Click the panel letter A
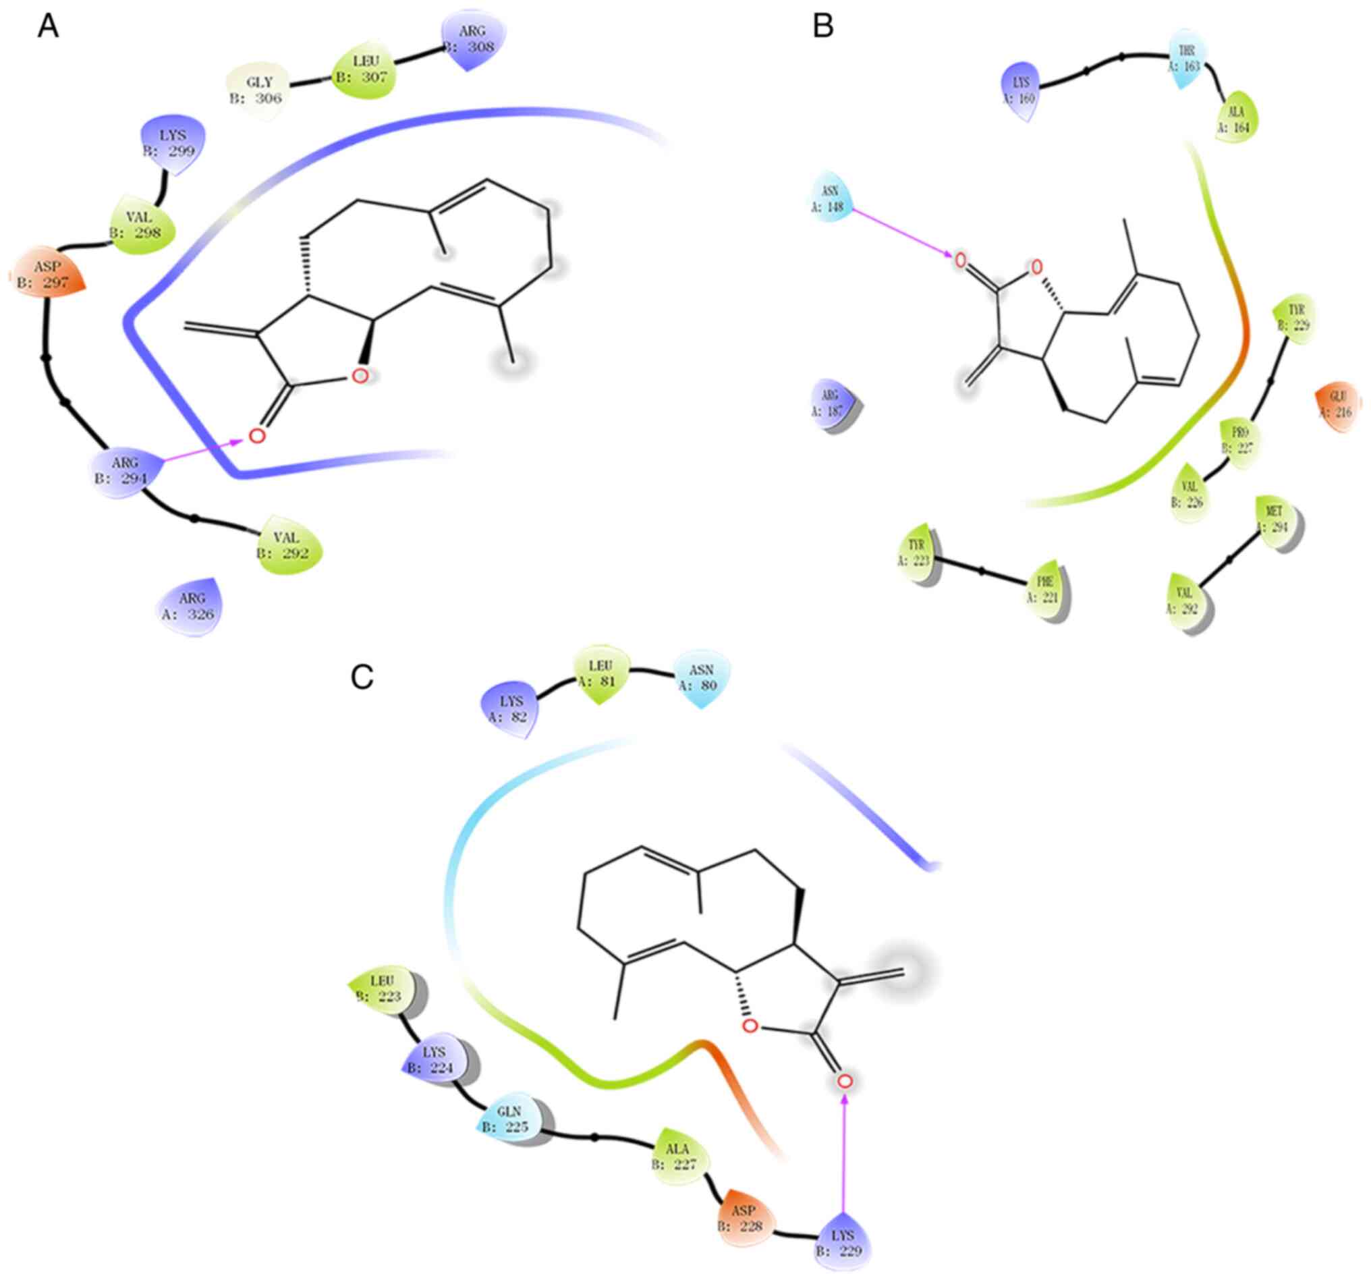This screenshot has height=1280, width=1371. coord(48,27)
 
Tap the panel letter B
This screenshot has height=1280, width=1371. coord(823,27)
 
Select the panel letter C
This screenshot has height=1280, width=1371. coord(362,678)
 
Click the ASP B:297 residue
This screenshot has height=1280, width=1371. coord(49,275)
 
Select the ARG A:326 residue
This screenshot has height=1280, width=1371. coord(191,606)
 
